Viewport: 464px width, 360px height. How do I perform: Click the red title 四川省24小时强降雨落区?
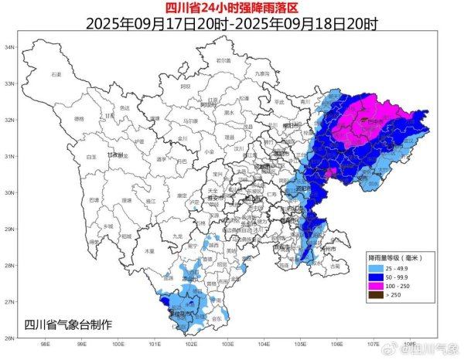(232, 8)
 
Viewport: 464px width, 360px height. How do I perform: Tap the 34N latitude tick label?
(10, 48)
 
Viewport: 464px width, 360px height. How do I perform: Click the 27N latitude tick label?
(10, 301)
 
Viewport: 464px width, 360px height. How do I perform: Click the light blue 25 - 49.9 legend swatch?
(377, 265)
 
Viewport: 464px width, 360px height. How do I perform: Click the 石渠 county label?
(56, 74)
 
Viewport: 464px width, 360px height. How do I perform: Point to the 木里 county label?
(149, 251)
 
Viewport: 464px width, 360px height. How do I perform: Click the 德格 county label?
(79, 119)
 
